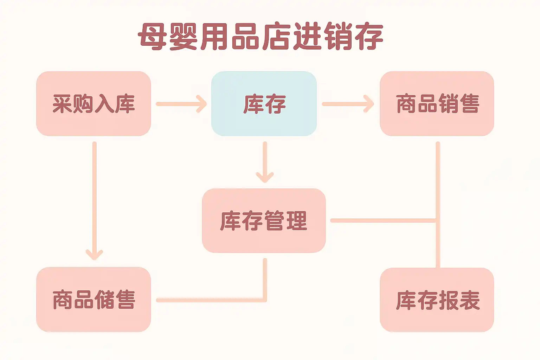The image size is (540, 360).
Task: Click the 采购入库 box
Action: point(94,104)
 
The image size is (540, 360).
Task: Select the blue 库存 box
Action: point(264,104)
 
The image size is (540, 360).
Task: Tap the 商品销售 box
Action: point(437,104)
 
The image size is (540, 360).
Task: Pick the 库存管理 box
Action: point(264,220)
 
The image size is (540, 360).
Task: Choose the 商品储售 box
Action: point(94,299)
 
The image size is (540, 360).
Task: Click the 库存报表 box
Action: point(437,300)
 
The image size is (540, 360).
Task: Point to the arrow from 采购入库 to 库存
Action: point(181,104)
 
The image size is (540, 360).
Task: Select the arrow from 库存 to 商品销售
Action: point(348,104)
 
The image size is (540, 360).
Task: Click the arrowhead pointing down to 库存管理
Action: point(265,176)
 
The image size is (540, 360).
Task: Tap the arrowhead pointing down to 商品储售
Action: point(94,254)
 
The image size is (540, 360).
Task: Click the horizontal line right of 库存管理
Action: point(383,220)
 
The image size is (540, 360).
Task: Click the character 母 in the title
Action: point(152,36)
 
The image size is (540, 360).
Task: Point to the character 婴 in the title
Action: point(183,36)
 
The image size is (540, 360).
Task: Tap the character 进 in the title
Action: point(307,36)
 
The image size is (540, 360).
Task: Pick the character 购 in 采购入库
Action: point(83,104)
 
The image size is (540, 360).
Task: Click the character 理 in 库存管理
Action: point(297,220)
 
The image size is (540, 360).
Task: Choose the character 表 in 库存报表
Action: point(469,300)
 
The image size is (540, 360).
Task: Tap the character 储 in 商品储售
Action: point(104,300)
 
